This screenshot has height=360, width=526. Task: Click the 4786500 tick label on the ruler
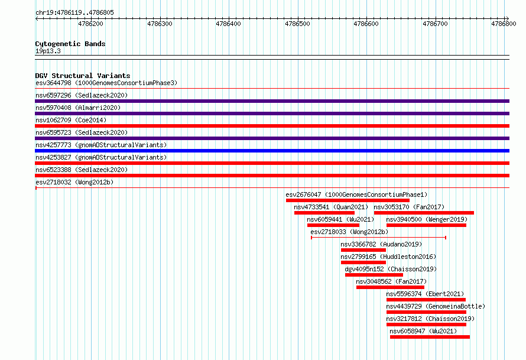point(297,24)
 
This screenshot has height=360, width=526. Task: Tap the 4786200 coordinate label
point(90,24)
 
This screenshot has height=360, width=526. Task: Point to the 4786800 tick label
point(504,24)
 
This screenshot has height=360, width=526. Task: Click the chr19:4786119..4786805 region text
point(75,13)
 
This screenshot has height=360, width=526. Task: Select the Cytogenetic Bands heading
point(70,44)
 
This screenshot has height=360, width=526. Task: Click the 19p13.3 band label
point(48,51)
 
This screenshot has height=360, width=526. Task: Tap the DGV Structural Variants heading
point(83,76)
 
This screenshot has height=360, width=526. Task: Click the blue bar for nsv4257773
point(272,151)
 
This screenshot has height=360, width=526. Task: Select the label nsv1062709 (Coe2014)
point(71,120)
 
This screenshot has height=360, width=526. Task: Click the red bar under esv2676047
point(348,200)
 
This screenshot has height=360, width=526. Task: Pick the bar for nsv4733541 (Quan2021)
point(324,213)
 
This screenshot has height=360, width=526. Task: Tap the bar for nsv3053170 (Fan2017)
point(424,213)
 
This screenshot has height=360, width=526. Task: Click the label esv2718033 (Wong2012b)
point(349,232)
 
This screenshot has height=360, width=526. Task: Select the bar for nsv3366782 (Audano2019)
point(363,250)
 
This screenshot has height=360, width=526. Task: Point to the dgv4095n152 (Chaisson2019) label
point(391,269)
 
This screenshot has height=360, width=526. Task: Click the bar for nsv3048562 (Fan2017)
point(390,287)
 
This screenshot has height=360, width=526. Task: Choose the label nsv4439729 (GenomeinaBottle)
point(436,306)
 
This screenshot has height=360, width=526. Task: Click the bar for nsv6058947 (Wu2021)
point(430,337)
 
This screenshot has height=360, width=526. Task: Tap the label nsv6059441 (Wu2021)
point(340,219)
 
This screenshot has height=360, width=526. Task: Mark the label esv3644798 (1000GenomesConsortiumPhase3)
point(106,83)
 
